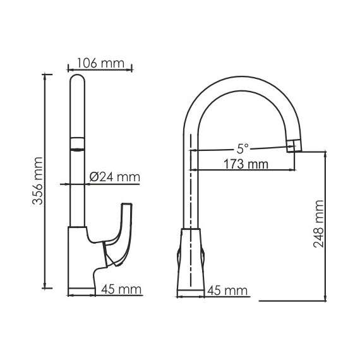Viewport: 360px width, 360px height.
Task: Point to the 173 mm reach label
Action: [x=247, y=164]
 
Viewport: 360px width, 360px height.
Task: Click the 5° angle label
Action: [x=243, y=149]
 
